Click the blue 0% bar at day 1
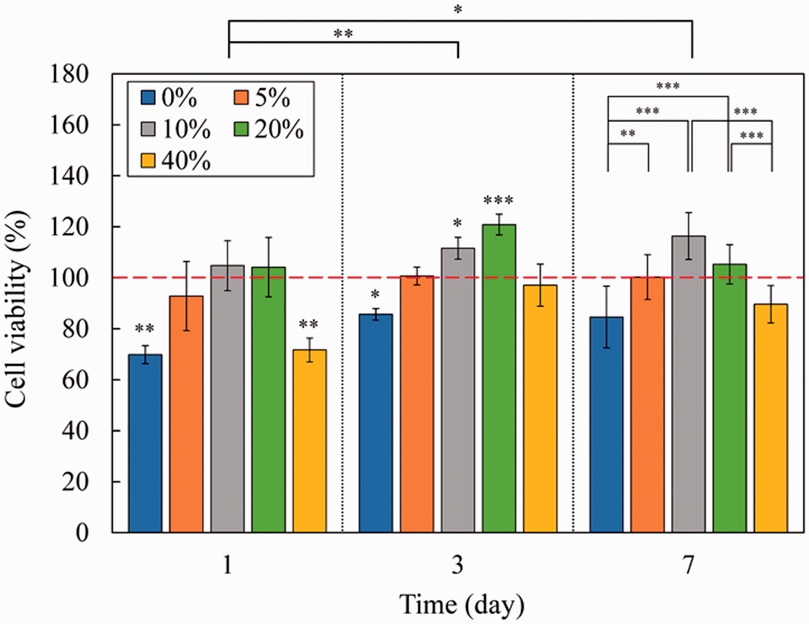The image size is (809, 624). [x=145, y=444]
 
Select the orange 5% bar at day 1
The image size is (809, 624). [x=186, y=414]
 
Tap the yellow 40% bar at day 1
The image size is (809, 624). [x=310, y=441]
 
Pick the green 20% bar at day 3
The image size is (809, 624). [x=499, y=379]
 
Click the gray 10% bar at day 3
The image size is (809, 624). [x=458, y=390]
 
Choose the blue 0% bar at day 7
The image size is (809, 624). [x=606, y=425]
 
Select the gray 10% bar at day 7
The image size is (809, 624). [x=689, y=384]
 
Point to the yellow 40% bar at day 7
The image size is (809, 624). [x=771, y=418]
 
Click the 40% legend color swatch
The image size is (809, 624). [x=148, y=161]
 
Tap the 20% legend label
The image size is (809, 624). [x=279, y=129]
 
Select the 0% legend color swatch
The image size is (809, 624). [x=148, y=98]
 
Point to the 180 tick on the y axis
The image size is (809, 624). [x=69, y=74]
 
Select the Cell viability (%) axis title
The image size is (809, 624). [x=16, y=309]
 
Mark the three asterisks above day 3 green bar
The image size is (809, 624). [x=499, y=201]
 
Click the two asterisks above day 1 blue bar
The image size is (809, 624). [x=144, y=328]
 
